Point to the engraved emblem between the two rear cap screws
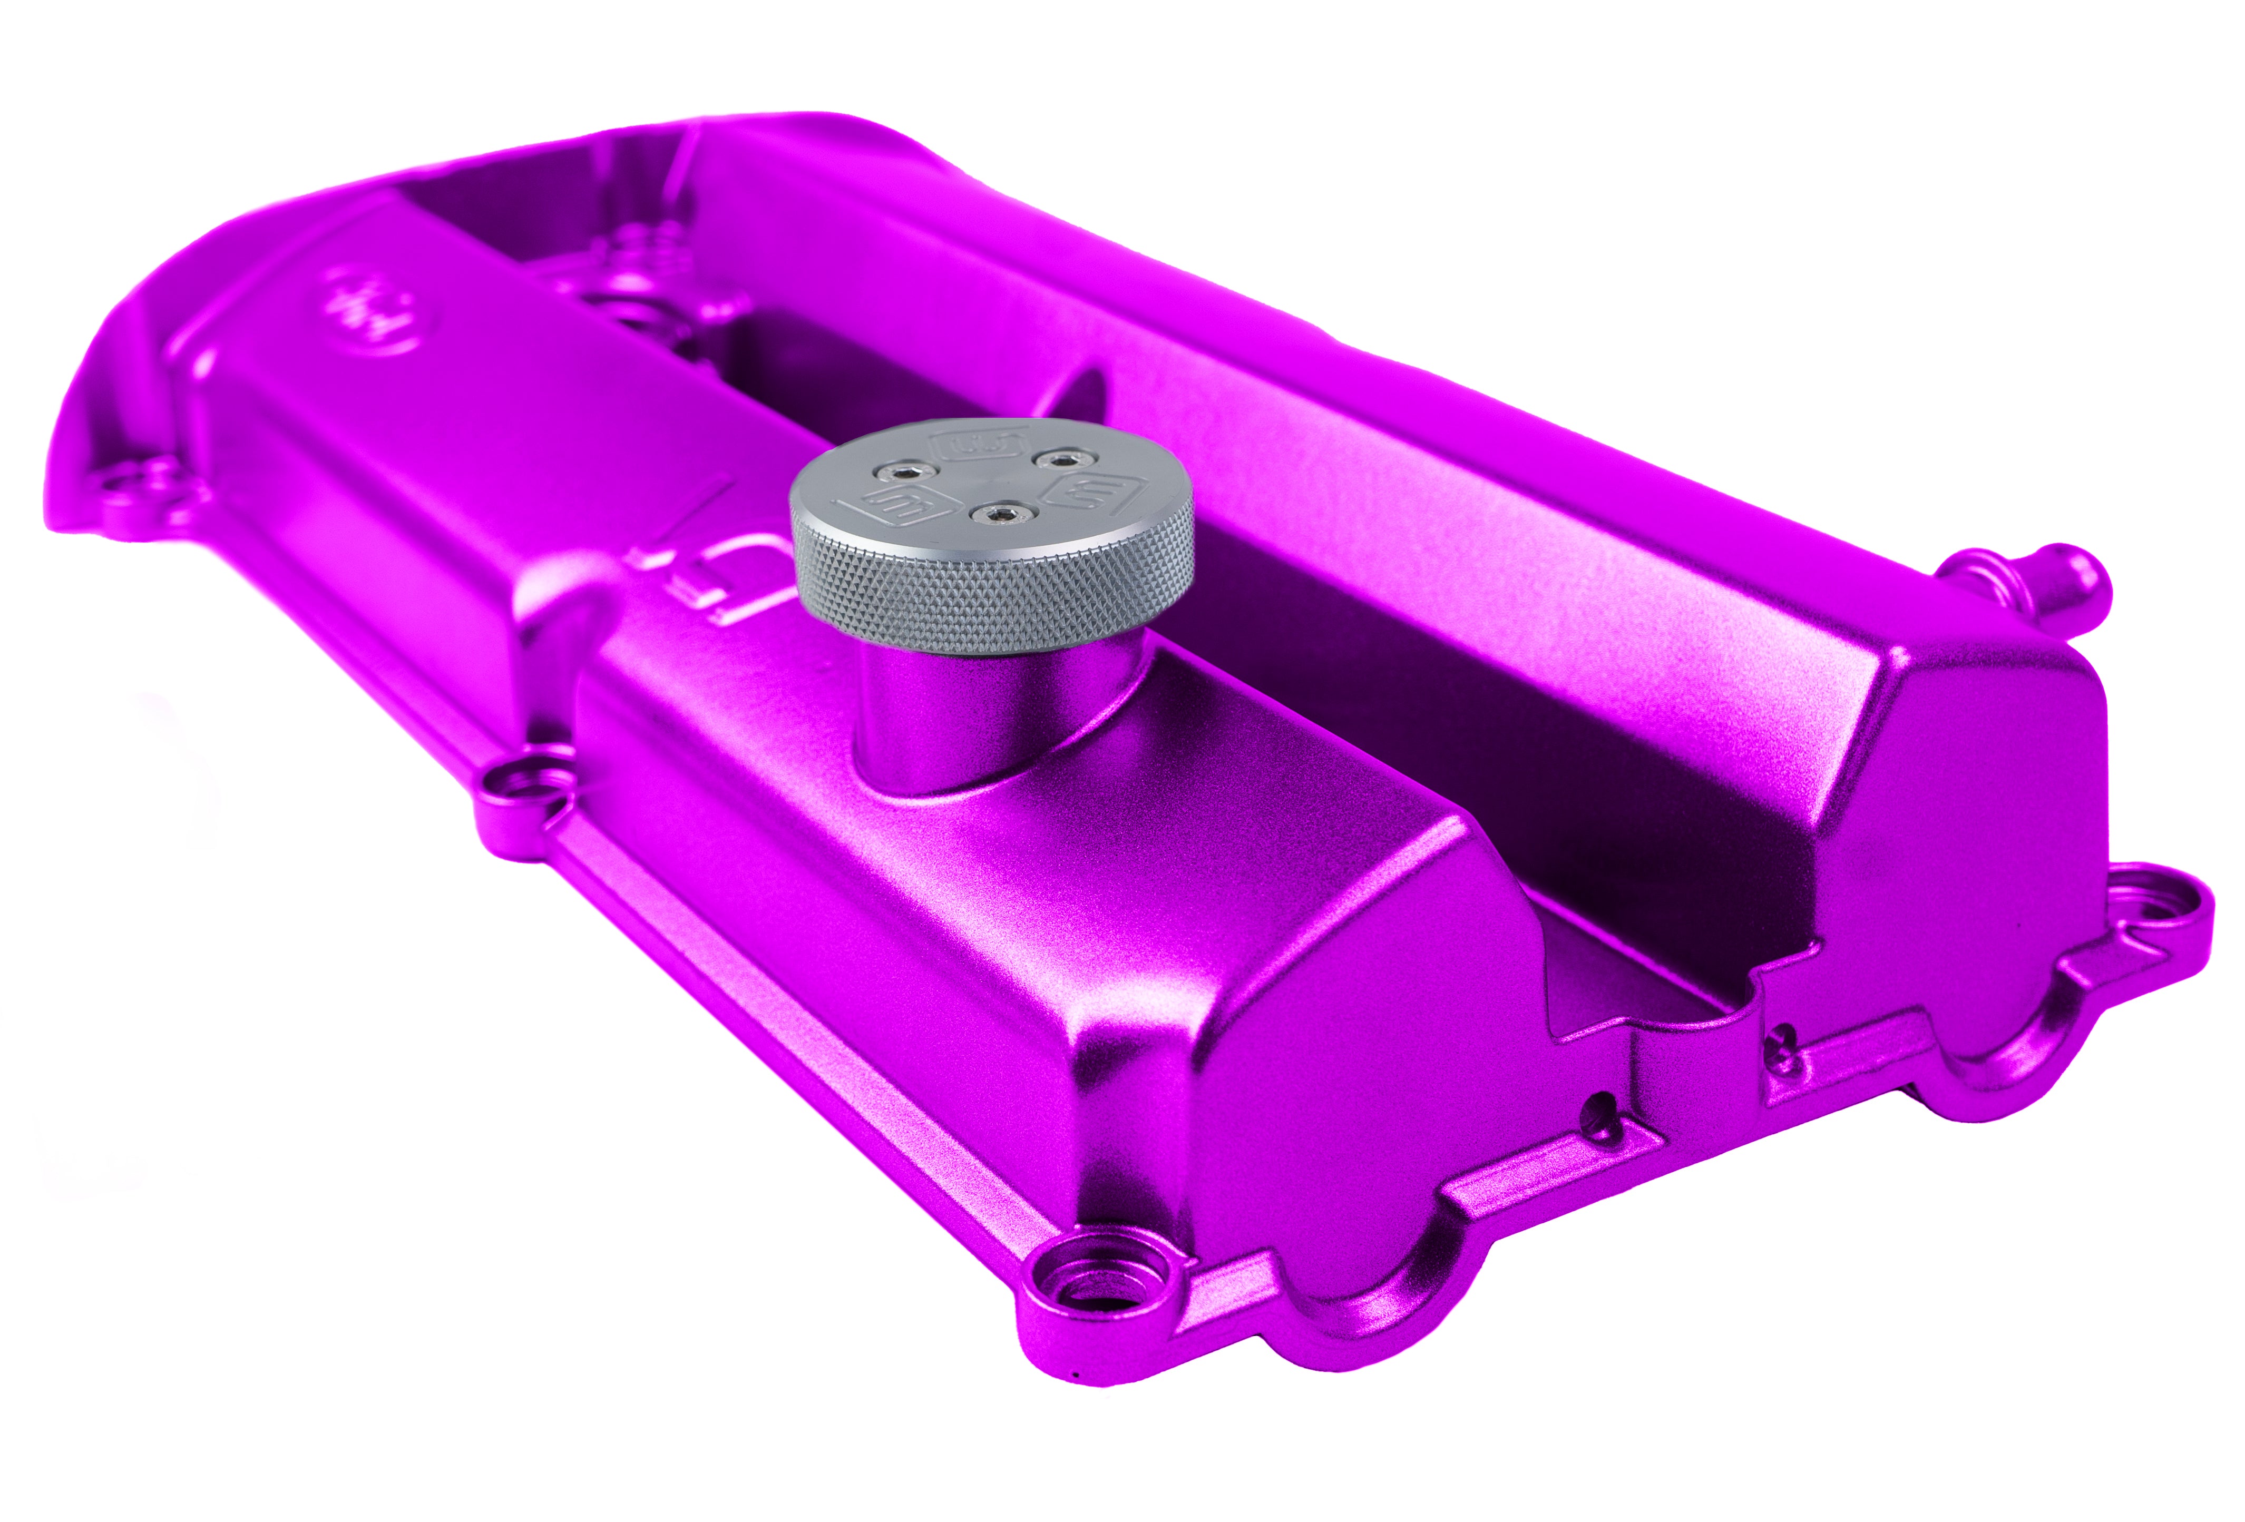[x=978, y=443]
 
